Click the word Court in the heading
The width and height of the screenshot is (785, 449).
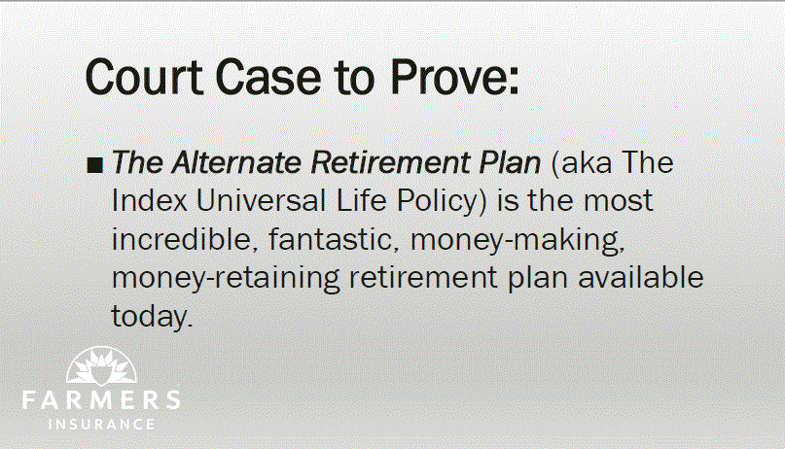[144, 77]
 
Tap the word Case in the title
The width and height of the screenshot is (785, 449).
[268, 77]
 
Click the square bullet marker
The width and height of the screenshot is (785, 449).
[94, 165]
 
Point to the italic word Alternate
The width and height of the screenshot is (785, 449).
[236, 162]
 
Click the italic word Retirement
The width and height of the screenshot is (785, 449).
[389, 162]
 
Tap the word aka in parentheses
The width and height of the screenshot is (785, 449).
[582, 163]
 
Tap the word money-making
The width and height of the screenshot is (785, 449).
[517, 240]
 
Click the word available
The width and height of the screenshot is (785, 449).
[641, 278]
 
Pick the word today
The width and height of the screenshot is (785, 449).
[152, 317]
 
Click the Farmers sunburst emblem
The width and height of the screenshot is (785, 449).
[101, 366]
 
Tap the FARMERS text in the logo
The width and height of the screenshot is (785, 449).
[101, 400]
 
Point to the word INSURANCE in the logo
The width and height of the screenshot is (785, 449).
[101, 425]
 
